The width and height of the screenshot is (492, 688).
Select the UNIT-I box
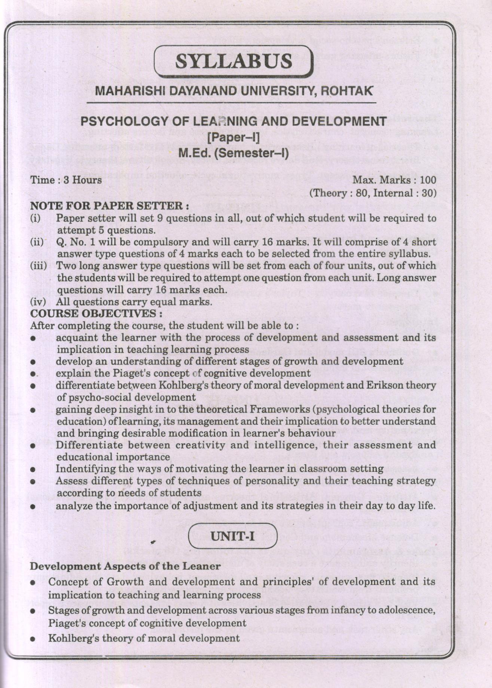[233, 536]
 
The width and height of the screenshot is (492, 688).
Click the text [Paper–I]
[233, 137]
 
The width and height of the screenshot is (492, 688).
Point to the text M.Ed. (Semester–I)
[233, 153]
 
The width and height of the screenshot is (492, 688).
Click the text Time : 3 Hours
[66, 180]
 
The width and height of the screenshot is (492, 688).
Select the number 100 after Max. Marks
[428, 180]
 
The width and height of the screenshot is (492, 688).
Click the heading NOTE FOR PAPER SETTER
[109, 206]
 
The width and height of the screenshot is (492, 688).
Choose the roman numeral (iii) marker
[39, 266]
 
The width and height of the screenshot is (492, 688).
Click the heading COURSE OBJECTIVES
[96, 313]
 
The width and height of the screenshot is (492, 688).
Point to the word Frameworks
[282, 409]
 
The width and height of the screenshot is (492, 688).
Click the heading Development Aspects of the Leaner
[125, 566]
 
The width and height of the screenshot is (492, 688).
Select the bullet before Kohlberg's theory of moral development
[33, 638]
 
